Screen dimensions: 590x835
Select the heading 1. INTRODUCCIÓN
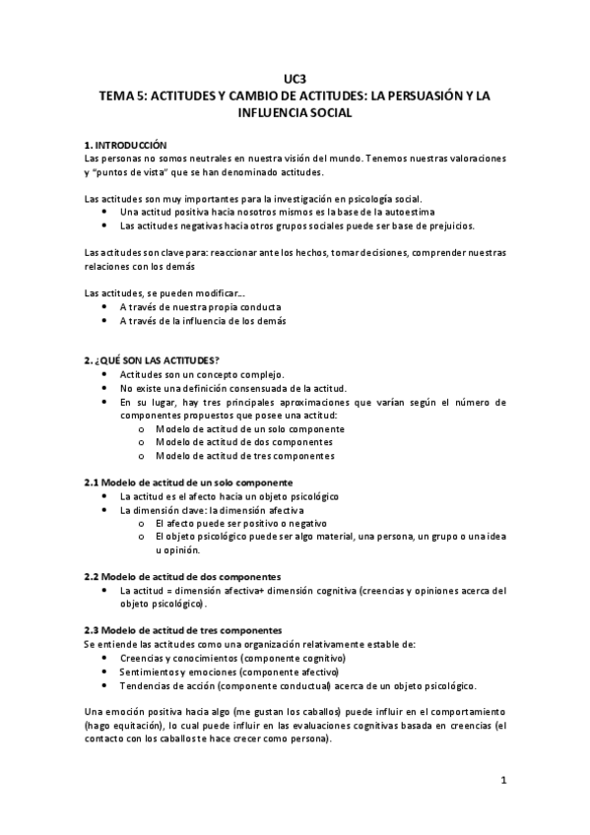click(126, 144)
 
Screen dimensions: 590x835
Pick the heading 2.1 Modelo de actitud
click(188, 482)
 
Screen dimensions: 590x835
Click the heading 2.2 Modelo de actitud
click(183, 576)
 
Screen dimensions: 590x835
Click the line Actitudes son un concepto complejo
click(202, 374)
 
